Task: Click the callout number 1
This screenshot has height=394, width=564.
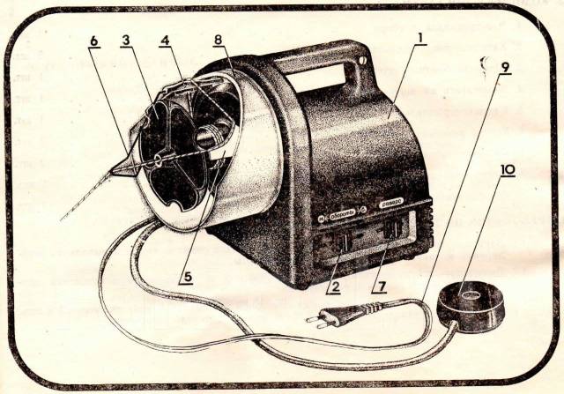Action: point(422,39)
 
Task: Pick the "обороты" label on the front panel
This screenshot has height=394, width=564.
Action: point(338,212)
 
